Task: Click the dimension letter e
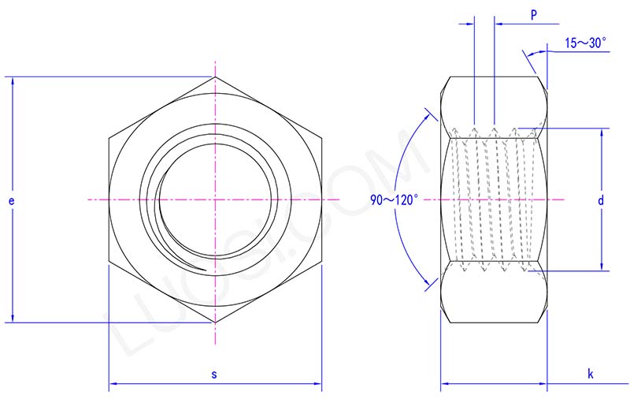point(11,201)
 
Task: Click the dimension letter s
point(214,374)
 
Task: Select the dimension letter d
point(600,201)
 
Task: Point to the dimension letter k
point(590,374)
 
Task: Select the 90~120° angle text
point(395,200)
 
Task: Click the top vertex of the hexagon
point(214,77)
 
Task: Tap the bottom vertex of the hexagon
point(214,323)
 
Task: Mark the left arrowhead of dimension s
point(112,385)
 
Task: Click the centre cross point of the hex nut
point(214,200)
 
